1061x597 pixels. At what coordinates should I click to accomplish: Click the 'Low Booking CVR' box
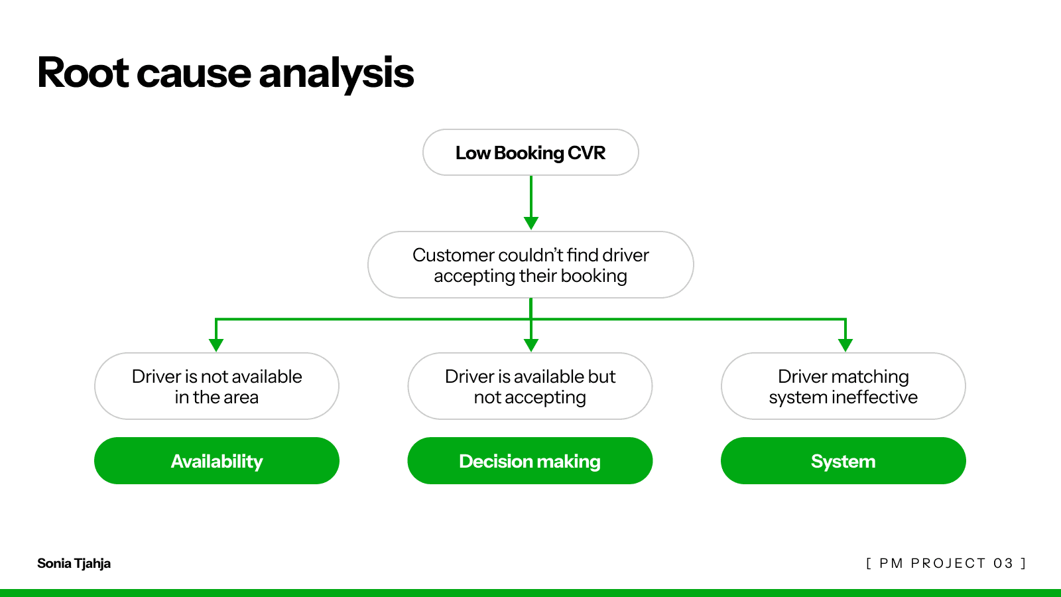pos(530,153)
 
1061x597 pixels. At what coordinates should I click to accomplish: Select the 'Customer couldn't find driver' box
pos(530,265)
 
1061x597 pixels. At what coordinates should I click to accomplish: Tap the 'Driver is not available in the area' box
pos(216,386)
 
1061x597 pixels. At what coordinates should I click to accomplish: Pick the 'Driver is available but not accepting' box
pos(530,386)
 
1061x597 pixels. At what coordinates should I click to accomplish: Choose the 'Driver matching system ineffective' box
pos(843,386)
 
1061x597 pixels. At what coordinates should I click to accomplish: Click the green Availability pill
pos(216,460)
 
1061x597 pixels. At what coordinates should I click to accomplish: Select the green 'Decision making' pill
pos(530,460)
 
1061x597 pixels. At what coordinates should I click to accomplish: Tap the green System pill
pos(843,460)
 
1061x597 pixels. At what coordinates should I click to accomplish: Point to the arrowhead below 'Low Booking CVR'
pos(531,223)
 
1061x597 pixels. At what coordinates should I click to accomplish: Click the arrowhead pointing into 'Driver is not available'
pos(216,345)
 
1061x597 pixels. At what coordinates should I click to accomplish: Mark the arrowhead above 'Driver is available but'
pos(531,345)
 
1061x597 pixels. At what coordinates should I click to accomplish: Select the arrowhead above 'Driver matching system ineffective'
pos(845,345)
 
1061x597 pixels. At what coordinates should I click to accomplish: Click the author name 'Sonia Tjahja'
pos(74,563)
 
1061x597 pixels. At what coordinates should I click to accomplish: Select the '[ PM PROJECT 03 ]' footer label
pos(946,563)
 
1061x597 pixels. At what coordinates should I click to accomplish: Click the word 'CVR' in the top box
pos(586,153)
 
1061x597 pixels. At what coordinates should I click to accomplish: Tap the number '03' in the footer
pos(1003,563)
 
